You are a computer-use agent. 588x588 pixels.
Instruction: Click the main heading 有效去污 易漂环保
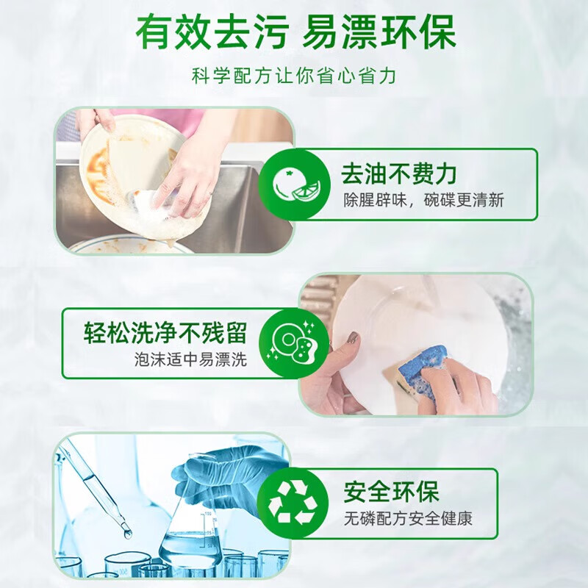296,31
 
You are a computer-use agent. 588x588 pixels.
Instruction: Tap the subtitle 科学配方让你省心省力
294,76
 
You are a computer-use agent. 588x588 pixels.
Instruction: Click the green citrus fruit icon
295,184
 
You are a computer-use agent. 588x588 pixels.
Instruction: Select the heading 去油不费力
398,173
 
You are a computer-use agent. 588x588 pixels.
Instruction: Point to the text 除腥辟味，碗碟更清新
424,200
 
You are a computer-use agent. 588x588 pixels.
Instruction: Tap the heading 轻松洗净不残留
165,333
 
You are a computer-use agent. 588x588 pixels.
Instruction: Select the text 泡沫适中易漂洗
191,359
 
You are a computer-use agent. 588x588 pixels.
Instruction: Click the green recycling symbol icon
293,503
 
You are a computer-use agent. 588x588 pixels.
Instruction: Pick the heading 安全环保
391,492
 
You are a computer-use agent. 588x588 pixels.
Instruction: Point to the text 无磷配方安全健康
408,519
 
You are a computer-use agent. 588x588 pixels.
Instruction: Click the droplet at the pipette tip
127,533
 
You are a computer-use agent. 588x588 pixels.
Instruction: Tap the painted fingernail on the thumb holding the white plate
352,338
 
